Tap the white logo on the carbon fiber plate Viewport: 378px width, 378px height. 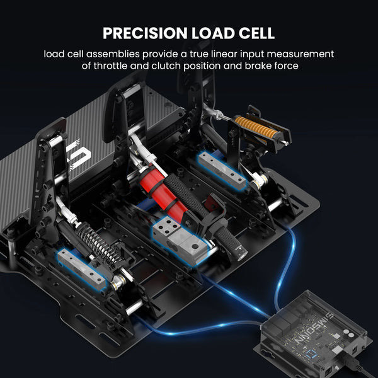(x=77, y=155)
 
